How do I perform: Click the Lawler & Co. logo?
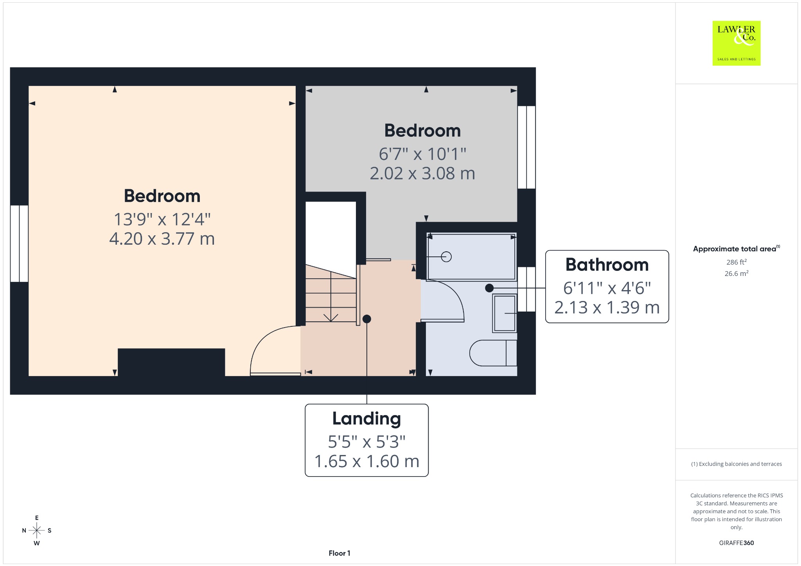736,43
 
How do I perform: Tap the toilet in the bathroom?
493,353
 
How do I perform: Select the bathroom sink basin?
505,313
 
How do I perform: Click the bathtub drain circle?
446,257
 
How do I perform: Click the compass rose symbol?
37,530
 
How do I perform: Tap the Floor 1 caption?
339,553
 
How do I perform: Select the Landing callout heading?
366,419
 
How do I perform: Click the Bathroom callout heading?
607,265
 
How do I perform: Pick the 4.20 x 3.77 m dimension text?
162,238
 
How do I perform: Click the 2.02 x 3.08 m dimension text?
422,173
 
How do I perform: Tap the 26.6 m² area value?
736,273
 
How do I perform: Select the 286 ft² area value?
736,262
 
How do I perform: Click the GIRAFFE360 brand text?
736,543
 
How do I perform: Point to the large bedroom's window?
19,244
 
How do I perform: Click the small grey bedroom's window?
526,147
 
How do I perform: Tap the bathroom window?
526,289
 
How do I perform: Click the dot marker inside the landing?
366,319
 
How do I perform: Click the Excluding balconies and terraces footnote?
736,464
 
